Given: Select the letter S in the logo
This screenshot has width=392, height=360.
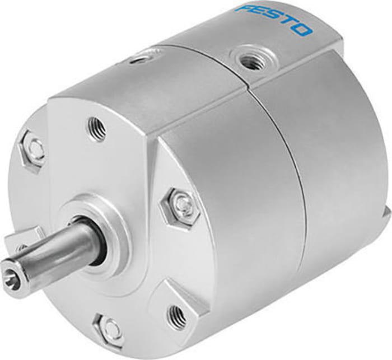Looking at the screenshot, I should [273, 18].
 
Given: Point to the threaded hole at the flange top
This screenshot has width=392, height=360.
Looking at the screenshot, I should [96, 128].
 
